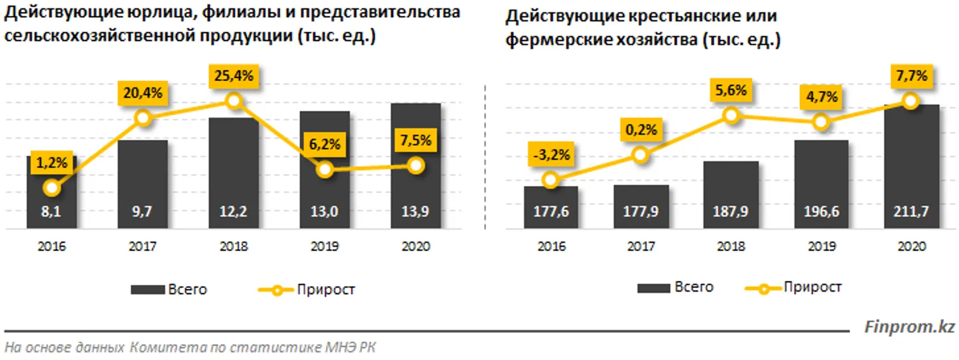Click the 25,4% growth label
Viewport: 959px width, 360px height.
point(234,77)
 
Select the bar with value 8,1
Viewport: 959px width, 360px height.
point(52,193)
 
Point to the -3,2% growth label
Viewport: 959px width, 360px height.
point(551,154)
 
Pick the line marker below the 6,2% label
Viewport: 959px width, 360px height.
point(325,169)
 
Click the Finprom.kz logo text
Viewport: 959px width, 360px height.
point(910,326)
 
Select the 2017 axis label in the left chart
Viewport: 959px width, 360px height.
point(143,247)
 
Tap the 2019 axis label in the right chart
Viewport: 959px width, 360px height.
point(821,247)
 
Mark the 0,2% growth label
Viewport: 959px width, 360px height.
point(641,130)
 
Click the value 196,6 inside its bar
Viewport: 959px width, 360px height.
point(821,211)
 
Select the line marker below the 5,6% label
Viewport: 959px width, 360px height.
point(731,115)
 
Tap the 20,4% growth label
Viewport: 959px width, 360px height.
point(143,94)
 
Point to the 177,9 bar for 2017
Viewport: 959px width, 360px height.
point(641,206)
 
